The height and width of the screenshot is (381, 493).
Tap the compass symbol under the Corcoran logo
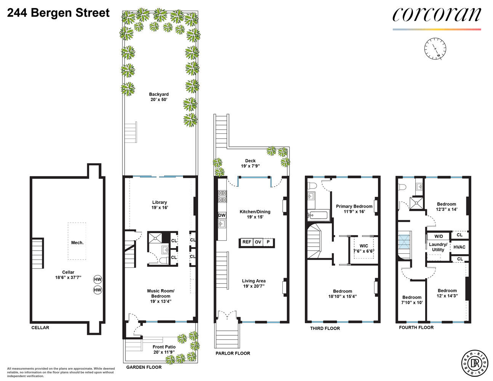(x=435, y=49)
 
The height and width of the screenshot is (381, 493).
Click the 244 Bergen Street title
(x=58, y=13)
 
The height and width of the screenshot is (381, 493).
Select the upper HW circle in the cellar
(x=98, y=279)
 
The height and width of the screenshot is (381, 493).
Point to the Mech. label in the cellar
(x=77, y=243)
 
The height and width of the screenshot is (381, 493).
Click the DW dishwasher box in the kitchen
(x=222, y=215)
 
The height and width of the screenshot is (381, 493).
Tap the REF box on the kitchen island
(x=247, y=242)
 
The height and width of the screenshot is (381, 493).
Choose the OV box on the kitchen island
(x=258, y=242)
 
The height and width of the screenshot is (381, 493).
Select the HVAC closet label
(x=459, y=247)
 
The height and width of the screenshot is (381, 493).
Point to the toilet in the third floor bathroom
(x=312, y=186)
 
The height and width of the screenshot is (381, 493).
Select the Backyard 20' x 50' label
(x=159, y=97)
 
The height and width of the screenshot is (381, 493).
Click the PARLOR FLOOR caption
(x=232, y=353)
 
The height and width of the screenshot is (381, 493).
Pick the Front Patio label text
(x=164, y=349)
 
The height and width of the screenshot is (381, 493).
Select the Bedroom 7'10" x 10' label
(x=412, y=300)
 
